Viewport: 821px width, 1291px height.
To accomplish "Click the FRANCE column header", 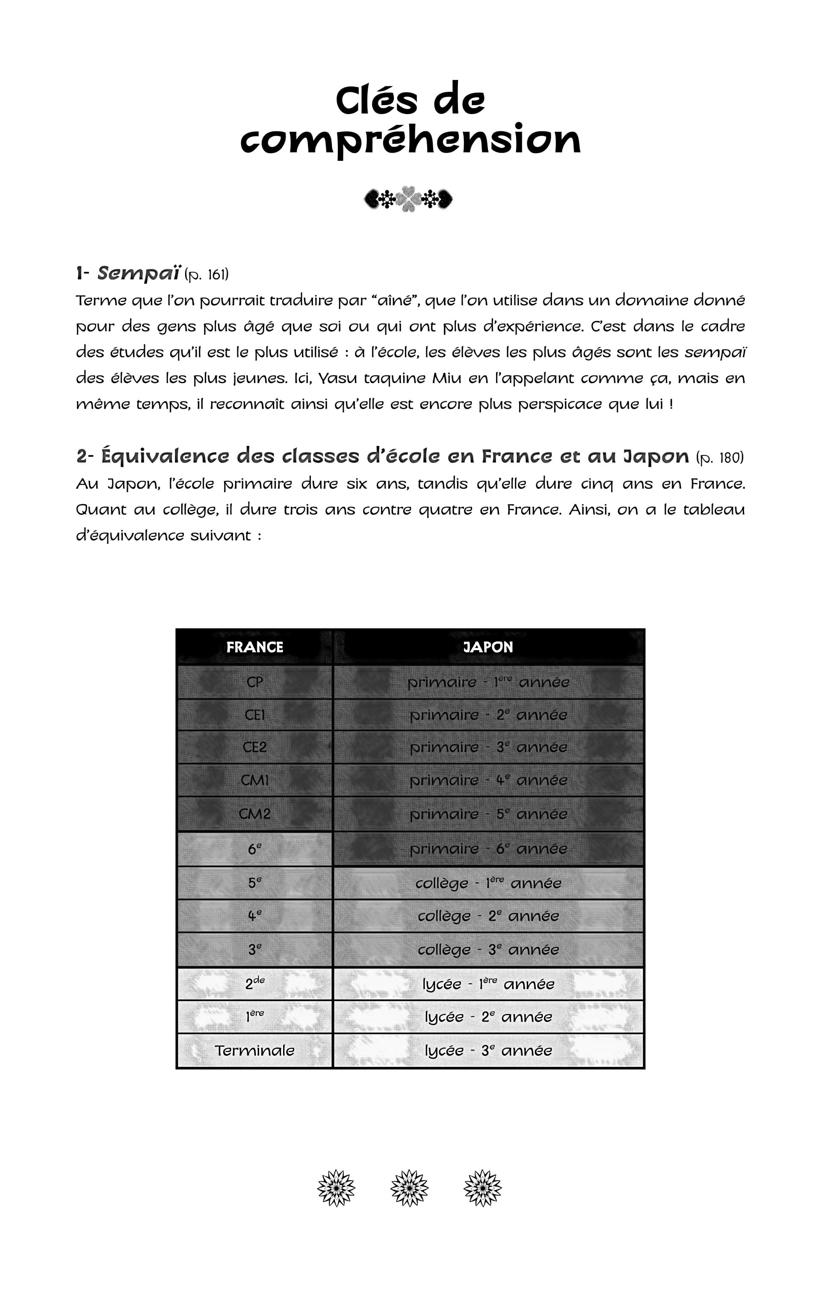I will pyautogui.click(x=255, y=647).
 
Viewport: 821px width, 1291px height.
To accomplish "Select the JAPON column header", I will pyautogui.click(x=488, y=647).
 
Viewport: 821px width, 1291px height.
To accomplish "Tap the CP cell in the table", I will pyautogui.click(x=255, y=682).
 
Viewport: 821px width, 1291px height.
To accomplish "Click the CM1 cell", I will pyautogui.click(x=255, y=780).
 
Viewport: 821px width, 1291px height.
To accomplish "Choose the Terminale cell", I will pyautogui.click(x=255, y=1050).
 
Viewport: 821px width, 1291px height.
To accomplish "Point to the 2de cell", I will pyautogui.click(x=255, y=984).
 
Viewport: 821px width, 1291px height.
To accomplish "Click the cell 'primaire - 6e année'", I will pyautogui.click(x=488, y=849).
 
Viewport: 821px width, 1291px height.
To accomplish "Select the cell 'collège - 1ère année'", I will pyautogui.click(x=488, y=883).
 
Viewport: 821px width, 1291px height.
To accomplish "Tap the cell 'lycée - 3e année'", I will pyautogui.click(x=488, y=1050).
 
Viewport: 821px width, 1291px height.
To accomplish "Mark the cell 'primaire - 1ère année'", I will pyautogui.click(x=488, y=682).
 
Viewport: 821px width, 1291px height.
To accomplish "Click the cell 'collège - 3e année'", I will pyautogui.click(x=488, y=949).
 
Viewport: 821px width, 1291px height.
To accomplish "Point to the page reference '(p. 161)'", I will pyautogui.click(x=207, y=275).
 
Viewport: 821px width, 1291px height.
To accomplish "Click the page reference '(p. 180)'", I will pyautogui.click(x=720, y=457).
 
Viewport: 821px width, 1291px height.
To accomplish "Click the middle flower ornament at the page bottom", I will pyautogui.click(x=410, y=1188).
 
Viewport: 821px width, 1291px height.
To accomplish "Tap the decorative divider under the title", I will pyautogui.click(x=409, y=199).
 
